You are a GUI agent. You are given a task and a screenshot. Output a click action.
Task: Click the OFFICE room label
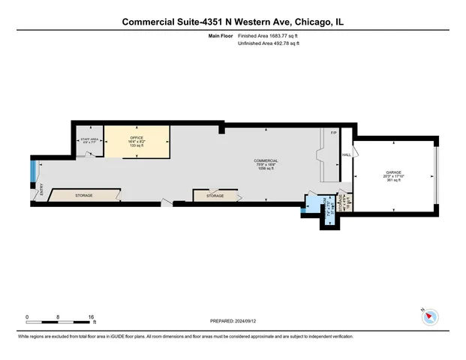(137, 138)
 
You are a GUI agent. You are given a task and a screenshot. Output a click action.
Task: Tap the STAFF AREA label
(89, 139)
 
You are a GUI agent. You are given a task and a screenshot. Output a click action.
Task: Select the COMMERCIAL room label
(266, 160)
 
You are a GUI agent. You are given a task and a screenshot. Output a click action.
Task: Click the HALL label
(347, 155)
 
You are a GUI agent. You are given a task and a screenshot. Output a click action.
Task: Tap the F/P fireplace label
(335, 133)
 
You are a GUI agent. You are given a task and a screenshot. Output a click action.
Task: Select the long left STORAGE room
(83, 196)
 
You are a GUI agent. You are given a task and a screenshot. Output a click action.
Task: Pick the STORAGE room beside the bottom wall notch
(215, 196)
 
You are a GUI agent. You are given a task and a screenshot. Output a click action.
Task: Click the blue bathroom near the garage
(311, 204)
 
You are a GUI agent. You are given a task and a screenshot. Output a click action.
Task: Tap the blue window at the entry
(32, 173)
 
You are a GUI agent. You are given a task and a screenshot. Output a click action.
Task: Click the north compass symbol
(429, 316)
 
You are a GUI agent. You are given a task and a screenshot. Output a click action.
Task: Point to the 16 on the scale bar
(92, 317)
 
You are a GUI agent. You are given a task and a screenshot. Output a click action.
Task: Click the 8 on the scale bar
(59, 317)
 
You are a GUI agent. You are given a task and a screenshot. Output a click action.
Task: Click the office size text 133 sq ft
(137, 145)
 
